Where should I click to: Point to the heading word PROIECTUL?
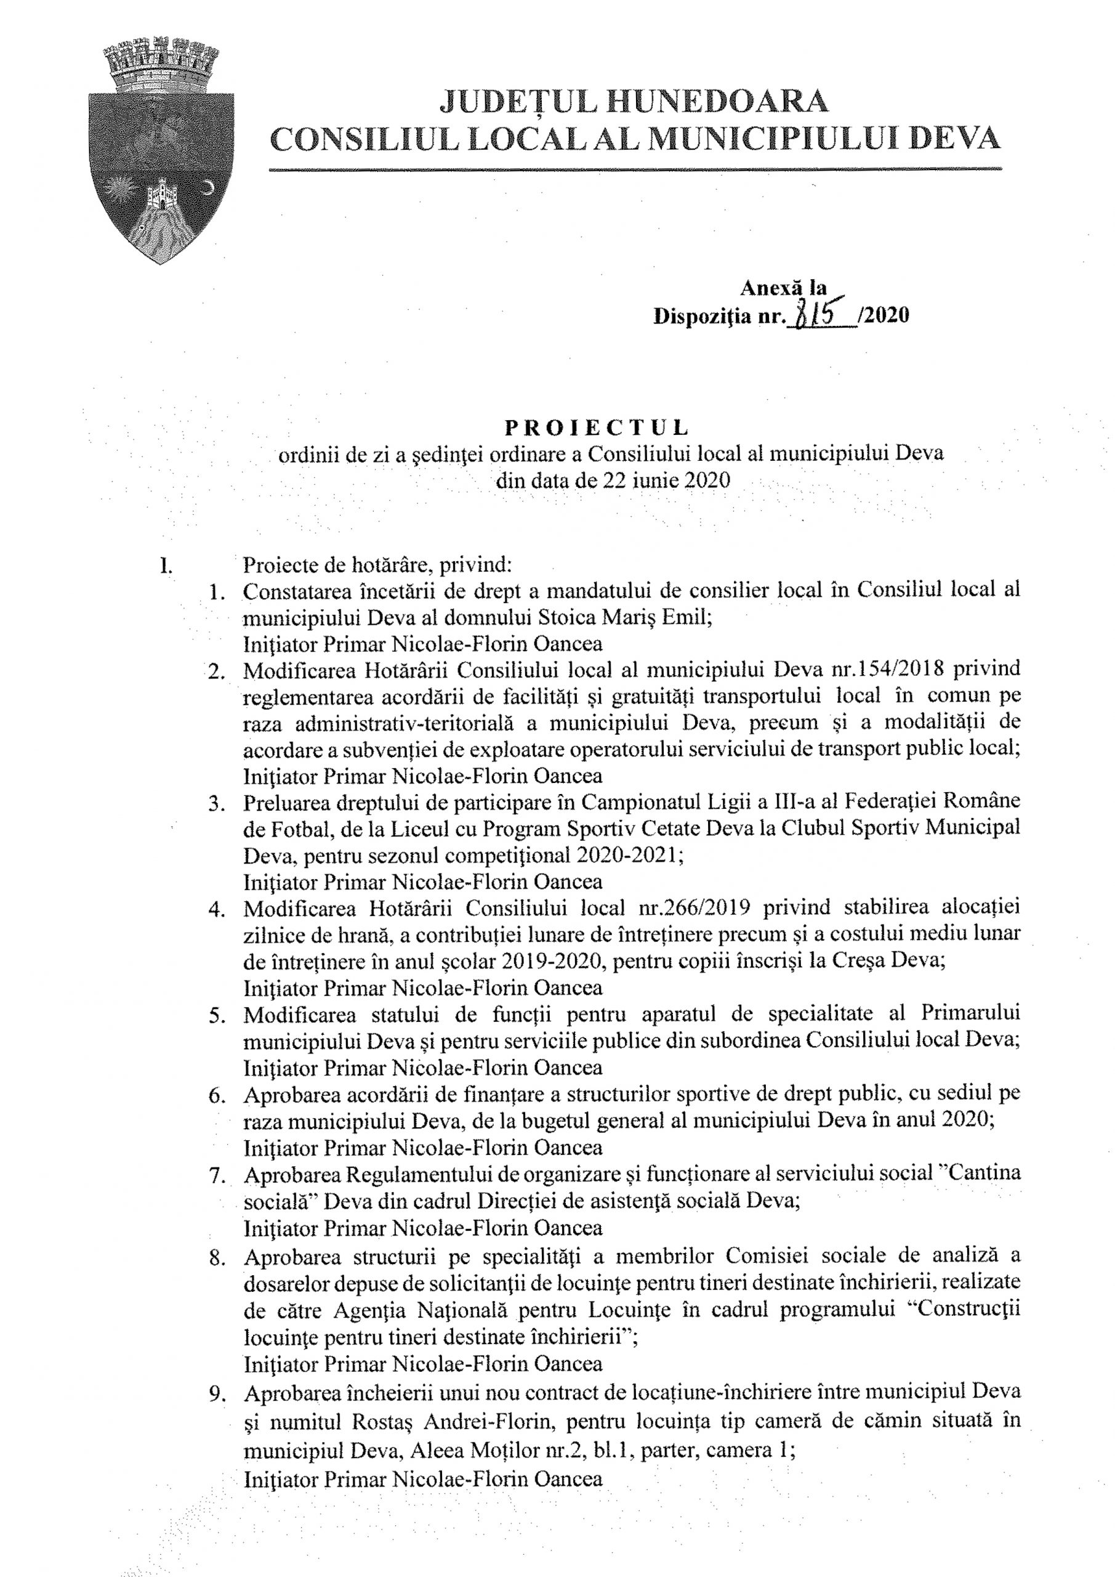(x=597, y=428)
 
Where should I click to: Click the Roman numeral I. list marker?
(x=165, y=566)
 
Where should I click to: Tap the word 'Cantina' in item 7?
(x=983, y=1173)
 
